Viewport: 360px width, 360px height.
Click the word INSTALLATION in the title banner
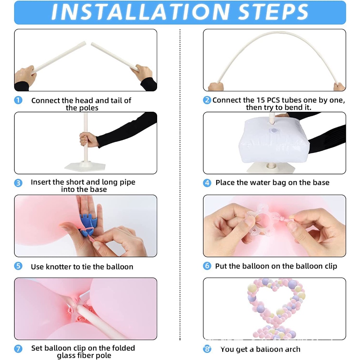point(141,12)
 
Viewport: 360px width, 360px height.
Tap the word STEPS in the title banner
point(273,12)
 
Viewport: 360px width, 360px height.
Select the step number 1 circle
point(18,100)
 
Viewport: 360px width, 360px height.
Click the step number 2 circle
point(207,100)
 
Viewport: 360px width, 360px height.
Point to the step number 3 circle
point(18,183)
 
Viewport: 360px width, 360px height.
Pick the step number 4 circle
point(207,183)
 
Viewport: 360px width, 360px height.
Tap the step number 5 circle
point(18,266)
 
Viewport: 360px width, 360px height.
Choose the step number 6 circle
point(207,266)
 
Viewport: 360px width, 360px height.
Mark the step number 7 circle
point(18,349)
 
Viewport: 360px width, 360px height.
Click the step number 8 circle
point(207,349)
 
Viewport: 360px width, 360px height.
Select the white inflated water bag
point(274,140)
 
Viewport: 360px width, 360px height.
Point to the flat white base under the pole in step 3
point(85,166)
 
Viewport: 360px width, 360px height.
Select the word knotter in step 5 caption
point(58,267)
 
